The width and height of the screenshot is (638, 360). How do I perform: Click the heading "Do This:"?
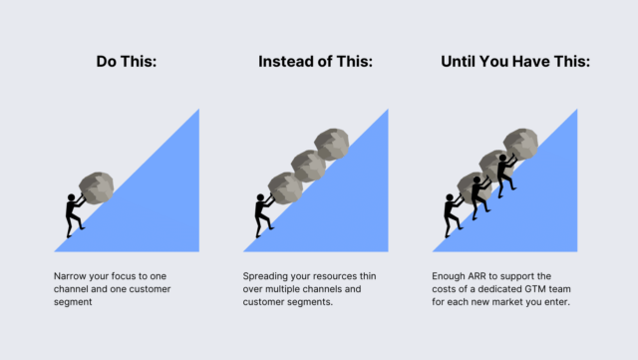(127, 62)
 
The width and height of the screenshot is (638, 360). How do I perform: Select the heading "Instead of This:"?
(315, 62)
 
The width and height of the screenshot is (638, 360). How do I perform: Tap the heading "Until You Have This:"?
(515, 62)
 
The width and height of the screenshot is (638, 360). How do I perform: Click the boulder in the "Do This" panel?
(96, 187)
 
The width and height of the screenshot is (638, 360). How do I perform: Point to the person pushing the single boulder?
(74, 215)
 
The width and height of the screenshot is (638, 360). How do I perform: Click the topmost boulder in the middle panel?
(332, 145)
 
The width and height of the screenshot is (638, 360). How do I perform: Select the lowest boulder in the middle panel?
(285, 187)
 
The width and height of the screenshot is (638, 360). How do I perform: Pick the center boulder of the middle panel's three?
(308, 166)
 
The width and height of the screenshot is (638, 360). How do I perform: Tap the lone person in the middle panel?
(263, 215)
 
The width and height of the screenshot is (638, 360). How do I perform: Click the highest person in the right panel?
(505, 176)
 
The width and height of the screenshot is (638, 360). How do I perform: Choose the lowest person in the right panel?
(453, 215)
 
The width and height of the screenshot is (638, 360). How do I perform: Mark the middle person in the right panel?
(480, 197)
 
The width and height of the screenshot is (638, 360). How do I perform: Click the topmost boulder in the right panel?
(520, 145)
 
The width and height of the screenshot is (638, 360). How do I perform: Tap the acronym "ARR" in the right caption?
(477, 276)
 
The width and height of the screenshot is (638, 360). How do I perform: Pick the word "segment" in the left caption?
(73, 302)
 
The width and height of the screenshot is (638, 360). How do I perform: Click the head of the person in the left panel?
(71, 197)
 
